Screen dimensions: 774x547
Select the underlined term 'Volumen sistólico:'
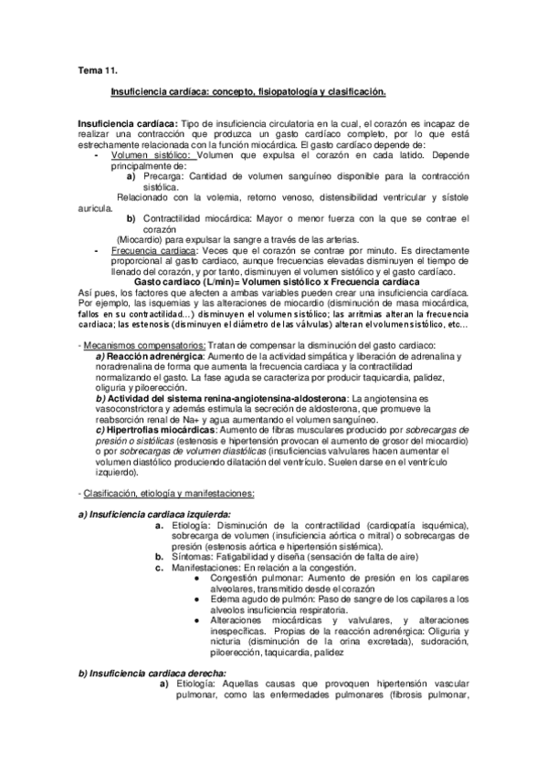click(x=148, y=155)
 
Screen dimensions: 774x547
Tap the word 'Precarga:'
click(x=162, y=175)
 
